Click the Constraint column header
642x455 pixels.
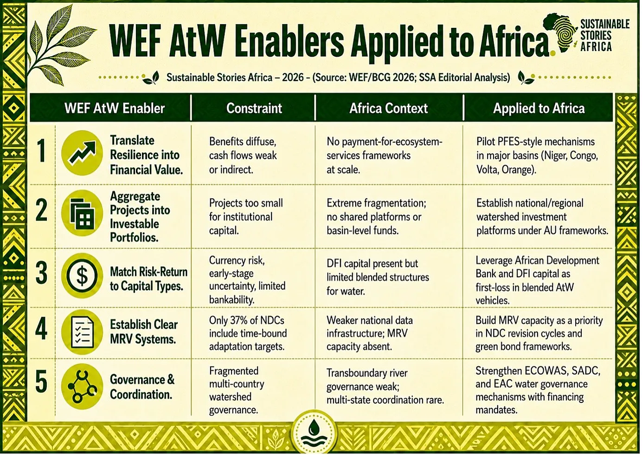(x=254, y=109)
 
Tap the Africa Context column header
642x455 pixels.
(x=388, y=109)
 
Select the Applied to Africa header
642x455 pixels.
(x=539, y=109)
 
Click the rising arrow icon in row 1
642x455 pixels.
(x=82, y=153)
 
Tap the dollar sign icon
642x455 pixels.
(x=82, y=275)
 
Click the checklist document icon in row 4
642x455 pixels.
(x=82, y=332)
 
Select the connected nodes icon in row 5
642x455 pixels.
(x=82, y=386)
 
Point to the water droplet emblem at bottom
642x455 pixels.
(x=315, y=433)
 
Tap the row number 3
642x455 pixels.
(x=42, y=273)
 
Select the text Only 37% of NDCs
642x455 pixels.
(x=246, y=320)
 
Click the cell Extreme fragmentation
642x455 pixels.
(x=376, y=217)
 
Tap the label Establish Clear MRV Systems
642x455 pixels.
(x=144, y=332)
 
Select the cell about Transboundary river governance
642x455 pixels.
(x=385, y=386)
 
